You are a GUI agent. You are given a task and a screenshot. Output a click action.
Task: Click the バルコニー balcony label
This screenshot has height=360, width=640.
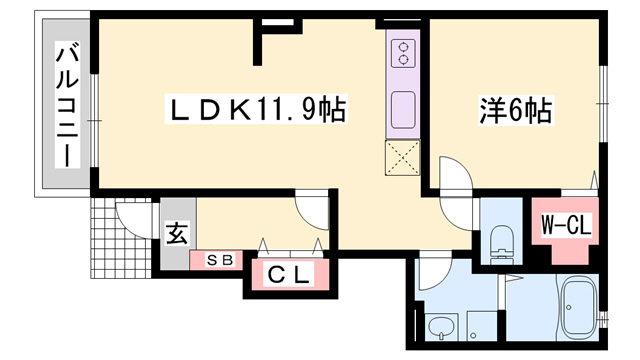66,105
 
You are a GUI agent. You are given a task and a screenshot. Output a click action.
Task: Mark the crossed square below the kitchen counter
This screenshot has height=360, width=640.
404,158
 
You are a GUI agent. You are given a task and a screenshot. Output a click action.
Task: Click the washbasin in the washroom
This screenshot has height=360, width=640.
439,325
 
